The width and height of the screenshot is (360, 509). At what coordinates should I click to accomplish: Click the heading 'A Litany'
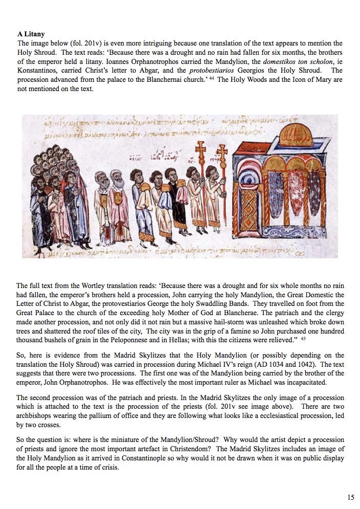tap(31, 35)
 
